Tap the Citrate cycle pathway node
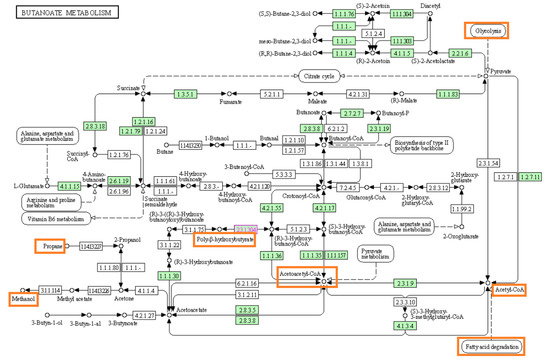pyautogui.click(x=326, y=75)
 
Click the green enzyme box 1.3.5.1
pyautogui.click(x=184, y=94)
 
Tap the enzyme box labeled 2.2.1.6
pyautogui.click(x=459, y=53)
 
